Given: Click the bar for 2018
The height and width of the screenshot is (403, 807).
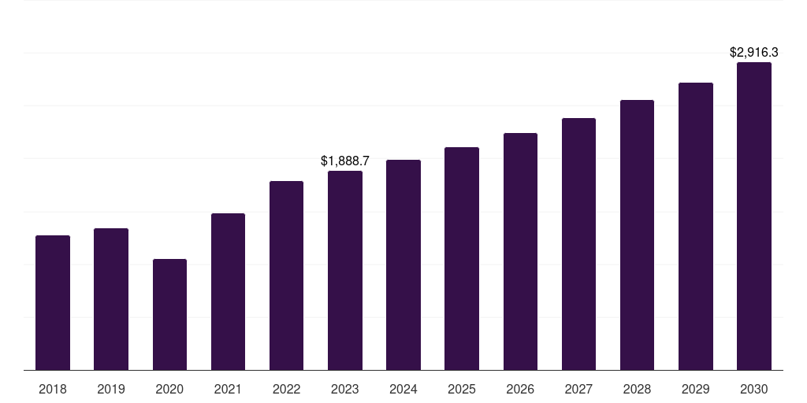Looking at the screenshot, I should click(53, 303).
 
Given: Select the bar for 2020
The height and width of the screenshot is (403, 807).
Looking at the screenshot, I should click(169, 315).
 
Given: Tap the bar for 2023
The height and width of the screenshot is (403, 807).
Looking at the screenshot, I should click(345, 271).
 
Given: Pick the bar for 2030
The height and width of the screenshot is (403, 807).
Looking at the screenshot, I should click(754, 216).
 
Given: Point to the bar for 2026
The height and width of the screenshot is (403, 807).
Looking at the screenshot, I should click(520, 252).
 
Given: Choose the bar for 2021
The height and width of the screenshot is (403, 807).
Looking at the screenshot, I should click(228, 292).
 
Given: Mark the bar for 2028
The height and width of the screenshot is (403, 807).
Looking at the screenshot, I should click(637, 235).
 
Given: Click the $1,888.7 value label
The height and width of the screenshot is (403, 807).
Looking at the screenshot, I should click(345, 161).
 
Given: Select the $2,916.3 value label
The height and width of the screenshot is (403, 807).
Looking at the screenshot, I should click(754, 53).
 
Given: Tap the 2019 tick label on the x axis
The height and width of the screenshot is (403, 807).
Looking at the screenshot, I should click(111, 389).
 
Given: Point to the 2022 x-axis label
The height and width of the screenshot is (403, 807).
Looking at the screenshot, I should click(286, 389).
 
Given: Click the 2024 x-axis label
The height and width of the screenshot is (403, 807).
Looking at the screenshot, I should click(403, 389).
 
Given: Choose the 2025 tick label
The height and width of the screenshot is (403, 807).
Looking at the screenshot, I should click(462, 389).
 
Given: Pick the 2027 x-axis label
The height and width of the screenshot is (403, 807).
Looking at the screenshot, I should click(578, 389).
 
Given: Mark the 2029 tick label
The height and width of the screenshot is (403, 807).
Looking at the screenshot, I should click(696, 389).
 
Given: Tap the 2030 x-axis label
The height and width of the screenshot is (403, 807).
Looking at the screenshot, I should click(754, 389).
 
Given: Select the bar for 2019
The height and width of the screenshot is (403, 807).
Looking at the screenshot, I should click(111, 299).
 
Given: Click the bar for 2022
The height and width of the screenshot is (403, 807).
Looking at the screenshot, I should click(286, 275).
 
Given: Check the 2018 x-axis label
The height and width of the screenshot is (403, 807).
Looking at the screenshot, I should click(53, 389).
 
